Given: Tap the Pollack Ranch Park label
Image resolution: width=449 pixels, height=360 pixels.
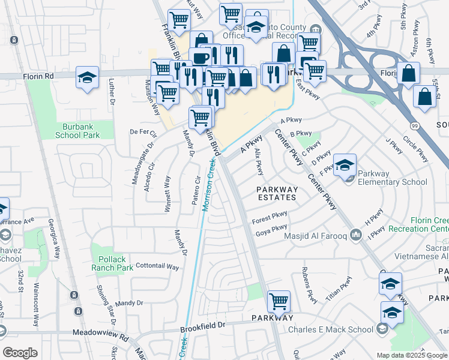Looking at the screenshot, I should point(112,262).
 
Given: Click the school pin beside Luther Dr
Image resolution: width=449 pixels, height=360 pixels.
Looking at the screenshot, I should point(88,78).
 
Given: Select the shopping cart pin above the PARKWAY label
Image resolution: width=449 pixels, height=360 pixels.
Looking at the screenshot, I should point(279,302).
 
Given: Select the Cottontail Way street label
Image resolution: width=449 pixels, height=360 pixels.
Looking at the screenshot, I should point(158,266).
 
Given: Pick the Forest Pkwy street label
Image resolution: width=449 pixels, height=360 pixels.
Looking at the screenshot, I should point(270,218).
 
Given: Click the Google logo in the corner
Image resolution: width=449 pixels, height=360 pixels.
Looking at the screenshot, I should point(20,353).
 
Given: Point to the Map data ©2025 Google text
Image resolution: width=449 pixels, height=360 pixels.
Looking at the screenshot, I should point(411,355).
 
